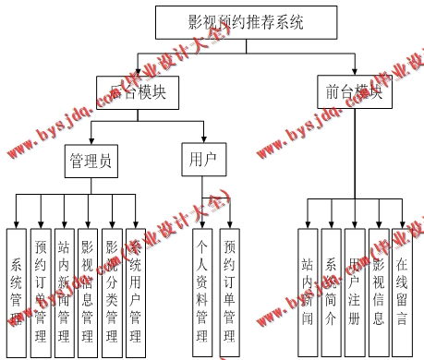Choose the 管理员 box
click(91, 162)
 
